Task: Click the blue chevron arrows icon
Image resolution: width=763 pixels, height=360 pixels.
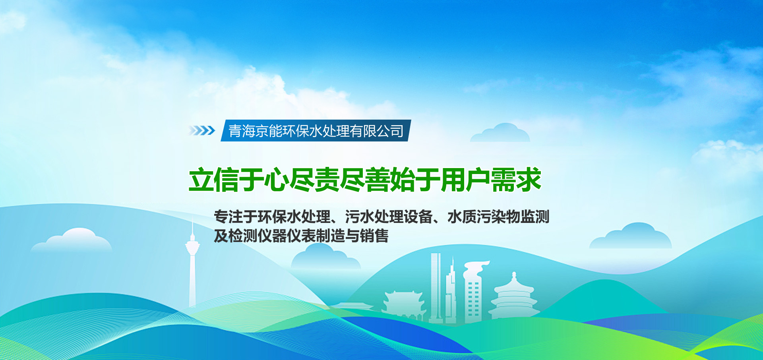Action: coord(202,130)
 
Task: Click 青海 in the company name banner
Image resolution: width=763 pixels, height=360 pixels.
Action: coord(242,131)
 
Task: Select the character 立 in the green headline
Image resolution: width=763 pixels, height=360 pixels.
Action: coord(201,180)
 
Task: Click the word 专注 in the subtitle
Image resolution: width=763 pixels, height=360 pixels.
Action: coord(229,217)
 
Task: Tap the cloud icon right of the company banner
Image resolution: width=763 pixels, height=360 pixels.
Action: coord(500,134)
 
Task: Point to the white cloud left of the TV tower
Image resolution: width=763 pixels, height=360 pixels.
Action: coord(72,240)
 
